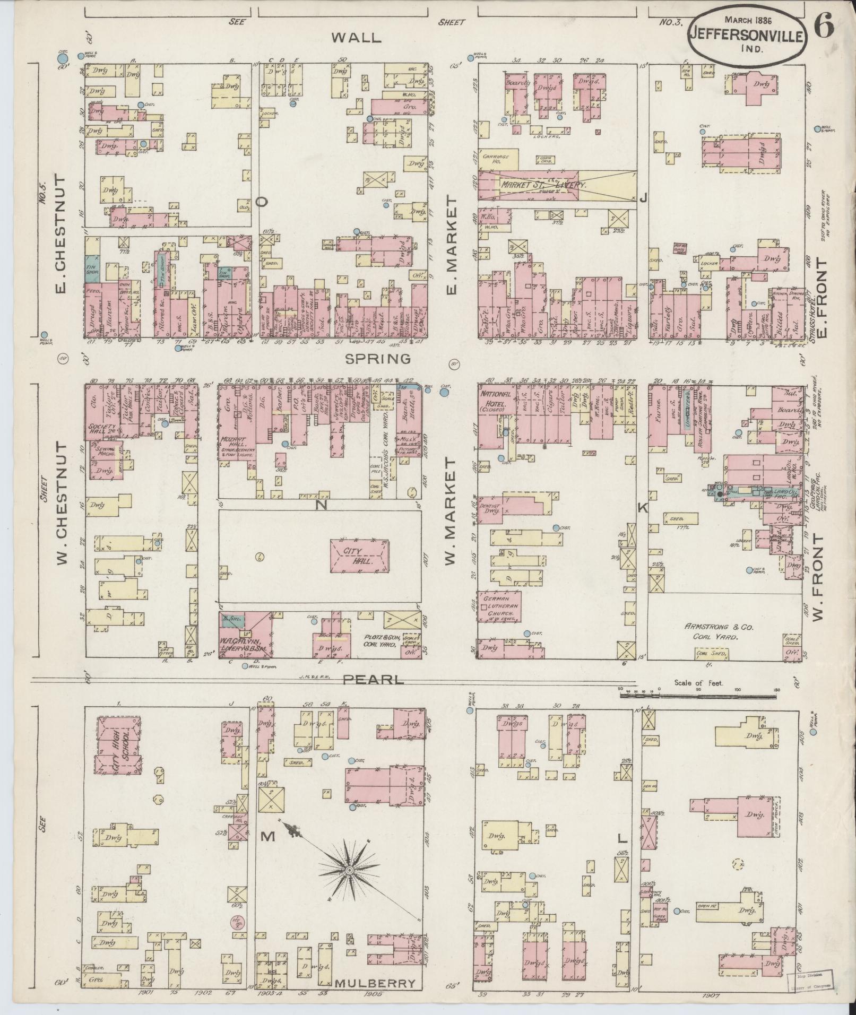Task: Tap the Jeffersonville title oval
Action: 748,33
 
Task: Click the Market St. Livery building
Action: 541,186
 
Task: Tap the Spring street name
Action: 378,359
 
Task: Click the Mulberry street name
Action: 375,983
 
